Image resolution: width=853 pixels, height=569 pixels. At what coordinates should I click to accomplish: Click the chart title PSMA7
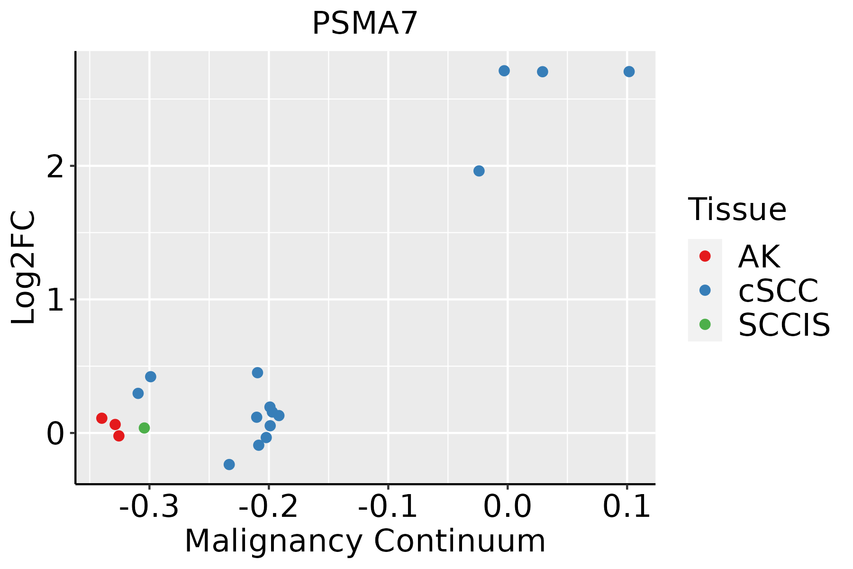pyautogui.click(x=364, y=24)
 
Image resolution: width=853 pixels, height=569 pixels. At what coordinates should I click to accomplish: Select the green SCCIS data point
pyautogui.click(x=145, y=428)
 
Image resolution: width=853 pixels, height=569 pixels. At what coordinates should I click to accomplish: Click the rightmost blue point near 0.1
pyautogui.click(x=629, y=72)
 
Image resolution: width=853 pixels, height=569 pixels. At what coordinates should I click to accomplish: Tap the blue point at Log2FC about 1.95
pyautogui.click(x=479, y=171)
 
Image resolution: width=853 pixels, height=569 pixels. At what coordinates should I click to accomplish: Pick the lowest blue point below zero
pyautogui.click(x=229, y=464)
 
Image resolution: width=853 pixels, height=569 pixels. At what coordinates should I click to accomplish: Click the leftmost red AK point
pyautogui.click(x=102, y=418)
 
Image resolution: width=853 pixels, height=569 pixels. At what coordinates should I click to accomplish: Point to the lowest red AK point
pyautogui.click(x=119, y=436)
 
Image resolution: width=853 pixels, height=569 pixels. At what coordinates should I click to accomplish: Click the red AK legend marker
pyautogui.click(x=705, y=256)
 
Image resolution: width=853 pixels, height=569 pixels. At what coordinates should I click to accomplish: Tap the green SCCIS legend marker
pyautogui.click(x=705, y=324)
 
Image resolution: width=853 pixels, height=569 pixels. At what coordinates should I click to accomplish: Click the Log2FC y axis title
pyautogui.click(x=24, y=267)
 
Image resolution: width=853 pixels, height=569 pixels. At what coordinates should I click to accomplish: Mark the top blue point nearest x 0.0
pyautogui.click(x=504, y=71)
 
